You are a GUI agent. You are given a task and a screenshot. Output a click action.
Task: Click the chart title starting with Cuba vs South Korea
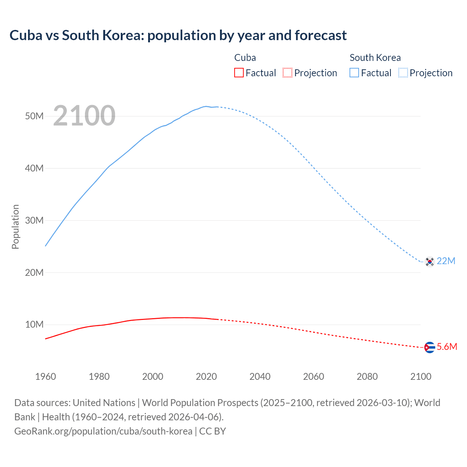(178, 35)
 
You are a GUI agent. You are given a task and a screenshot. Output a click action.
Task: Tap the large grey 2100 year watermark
(84, 116)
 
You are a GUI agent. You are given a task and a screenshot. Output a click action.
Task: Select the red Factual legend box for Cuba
(239, 73)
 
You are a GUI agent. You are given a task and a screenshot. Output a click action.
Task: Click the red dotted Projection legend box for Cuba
(287, 73)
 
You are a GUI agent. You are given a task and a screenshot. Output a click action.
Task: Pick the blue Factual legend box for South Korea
(354, 73)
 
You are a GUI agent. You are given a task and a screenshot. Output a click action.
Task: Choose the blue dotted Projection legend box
(403, 73)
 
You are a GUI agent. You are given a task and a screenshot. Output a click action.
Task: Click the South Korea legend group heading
(375, 58)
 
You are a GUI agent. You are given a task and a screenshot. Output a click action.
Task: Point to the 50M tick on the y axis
(34, 116)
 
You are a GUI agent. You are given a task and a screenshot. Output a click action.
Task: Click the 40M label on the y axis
(34, 168)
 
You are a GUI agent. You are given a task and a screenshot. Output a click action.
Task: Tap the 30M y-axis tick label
(34, 220)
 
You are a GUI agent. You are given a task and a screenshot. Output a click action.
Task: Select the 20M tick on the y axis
(34, 273)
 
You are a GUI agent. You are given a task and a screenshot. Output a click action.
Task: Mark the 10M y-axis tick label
(34, 324)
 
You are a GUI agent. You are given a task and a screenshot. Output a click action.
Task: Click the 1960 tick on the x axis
(46, 377)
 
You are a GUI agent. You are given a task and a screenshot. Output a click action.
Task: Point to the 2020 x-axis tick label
(207, 377)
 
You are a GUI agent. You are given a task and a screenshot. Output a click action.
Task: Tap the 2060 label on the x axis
(313, 377)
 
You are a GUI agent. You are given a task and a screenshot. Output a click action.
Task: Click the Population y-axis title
(15, 227)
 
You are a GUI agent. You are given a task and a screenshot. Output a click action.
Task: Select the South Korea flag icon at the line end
(430, 262)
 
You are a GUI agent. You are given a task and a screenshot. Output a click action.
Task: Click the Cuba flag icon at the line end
(430, 347)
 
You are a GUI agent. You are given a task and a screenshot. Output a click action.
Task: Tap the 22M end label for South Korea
(446, 261)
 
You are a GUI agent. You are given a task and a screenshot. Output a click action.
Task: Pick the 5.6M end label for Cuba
(447, 347)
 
